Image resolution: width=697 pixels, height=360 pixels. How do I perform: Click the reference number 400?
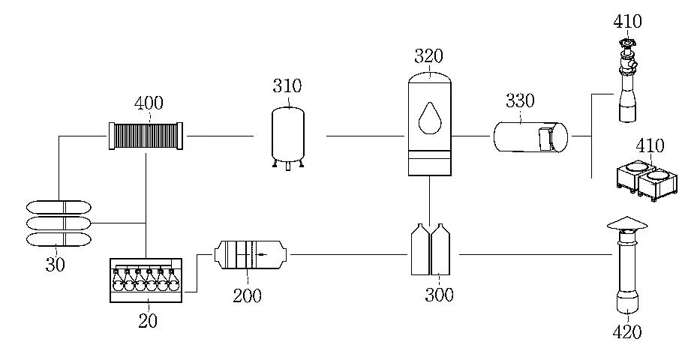149,103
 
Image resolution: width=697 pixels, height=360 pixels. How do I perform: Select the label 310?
287,86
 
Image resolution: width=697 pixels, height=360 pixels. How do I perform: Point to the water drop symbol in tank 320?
429,118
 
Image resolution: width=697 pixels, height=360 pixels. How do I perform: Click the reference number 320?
428,56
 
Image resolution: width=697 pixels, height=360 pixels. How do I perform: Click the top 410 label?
627,20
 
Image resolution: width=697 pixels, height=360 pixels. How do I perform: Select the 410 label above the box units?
650,145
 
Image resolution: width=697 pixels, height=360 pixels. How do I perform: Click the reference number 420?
627,331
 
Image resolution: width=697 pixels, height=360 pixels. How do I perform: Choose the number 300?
439,295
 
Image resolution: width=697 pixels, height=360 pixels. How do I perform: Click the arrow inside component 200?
260,254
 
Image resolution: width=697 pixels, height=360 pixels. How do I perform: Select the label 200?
247,295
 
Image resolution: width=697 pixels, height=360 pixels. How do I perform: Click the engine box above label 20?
146,280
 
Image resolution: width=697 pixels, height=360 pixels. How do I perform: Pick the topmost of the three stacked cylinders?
59,207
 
